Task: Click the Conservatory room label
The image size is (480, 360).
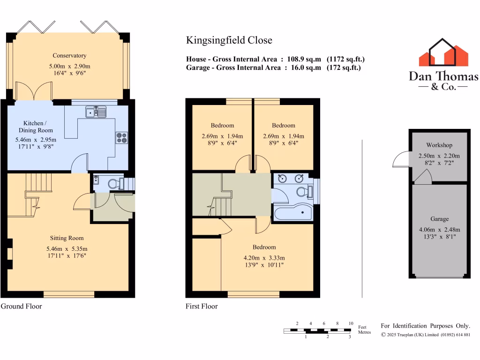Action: [69, 55]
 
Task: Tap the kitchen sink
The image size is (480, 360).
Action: [96, 112]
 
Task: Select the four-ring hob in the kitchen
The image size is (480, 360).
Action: [121, 137]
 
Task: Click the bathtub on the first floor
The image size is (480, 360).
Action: [292, 214]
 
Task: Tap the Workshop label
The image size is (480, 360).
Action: [439, 145]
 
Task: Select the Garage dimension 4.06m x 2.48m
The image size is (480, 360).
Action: [439, 230]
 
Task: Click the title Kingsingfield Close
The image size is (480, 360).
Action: [229, 40]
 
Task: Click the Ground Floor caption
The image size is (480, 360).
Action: [22, 307]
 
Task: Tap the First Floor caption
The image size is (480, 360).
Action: [202, 307]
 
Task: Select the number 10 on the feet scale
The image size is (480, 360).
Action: [351, 324]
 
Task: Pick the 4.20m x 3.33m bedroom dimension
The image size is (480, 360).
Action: [264, 258]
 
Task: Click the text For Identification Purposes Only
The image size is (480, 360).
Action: [425, 326]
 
